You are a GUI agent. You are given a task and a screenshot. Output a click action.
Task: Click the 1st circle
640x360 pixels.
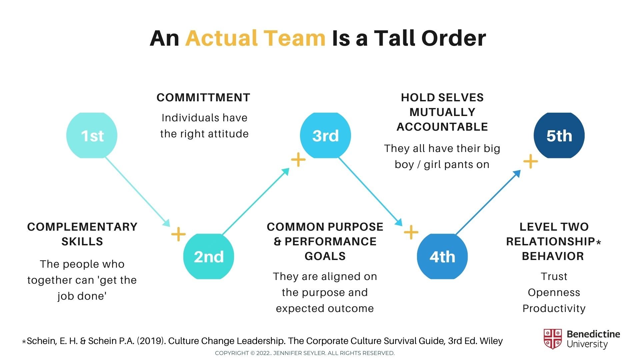[92, 135]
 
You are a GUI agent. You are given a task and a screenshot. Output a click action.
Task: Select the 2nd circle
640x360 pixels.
[209, 256]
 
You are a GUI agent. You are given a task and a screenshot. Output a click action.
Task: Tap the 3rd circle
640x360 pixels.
[325, 135]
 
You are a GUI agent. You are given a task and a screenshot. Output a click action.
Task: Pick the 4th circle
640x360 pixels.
[442, 256]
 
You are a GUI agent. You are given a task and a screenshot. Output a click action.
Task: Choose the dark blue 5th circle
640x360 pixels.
[559, 135]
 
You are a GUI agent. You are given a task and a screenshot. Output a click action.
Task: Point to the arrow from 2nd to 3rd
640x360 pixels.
[255, 202]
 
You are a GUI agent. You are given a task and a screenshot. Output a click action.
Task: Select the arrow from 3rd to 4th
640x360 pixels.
[370, 191]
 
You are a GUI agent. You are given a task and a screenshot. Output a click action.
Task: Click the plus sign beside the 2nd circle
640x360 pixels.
[178, 234]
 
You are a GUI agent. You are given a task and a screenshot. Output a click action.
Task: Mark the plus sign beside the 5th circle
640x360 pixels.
[530, 162]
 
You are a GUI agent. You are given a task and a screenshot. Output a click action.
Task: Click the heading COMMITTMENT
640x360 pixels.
[203, 98]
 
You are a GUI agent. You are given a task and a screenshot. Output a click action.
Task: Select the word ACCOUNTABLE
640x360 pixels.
[442, 127]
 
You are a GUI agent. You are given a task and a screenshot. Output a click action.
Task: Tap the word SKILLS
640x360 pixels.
[82, 241]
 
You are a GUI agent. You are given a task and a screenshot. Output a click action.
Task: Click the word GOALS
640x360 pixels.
[325, 256]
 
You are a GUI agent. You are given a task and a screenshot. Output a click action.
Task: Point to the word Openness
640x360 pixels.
[554, 292]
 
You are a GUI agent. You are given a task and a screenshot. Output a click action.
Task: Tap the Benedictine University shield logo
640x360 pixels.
[552, 339]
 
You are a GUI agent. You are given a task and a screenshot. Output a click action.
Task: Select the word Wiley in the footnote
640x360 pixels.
[491, 341]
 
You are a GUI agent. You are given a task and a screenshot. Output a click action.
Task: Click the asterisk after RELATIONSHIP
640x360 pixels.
[599, 242]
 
